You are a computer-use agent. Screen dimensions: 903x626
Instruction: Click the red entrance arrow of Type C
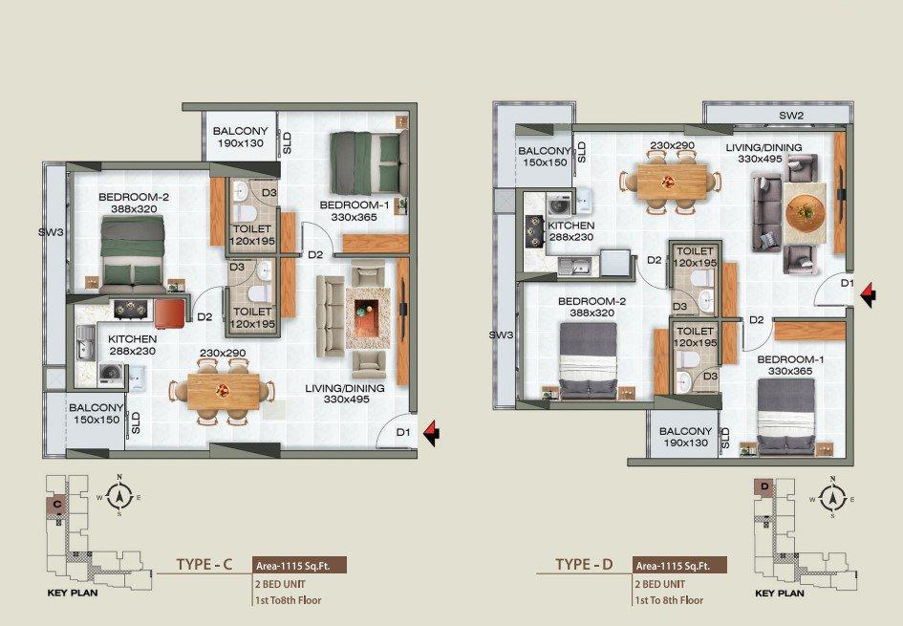430,433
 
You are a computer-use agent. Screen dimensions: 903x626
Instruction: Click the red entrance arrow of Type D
868,295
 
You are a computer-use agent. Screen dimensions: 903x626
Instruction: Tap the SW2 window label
790,116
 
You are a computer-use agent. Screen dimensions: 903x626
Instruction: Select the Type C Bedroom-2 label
134,203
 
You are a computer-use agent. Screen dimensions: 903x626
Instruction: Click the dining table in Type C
223,392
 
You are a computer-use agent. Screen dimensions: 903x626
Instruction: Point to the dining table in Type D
672,182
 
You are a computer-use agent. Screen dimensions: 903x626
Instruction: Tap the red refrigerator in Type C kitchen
170,313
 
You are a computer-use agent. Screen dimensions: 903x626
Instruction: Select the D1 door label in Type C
403,432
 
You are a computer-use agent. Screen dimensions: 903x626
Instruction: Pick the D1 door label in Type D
847,283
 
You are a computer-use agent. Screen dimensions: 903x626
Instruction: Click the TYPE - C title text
204,565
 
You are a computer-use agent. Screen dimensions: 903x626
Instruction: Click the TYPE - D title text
584,565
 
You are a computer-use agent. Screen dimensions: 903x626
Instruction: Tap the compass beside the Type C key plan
119,495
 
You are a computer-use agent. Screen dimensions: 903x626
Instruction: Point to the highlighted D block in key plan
764,486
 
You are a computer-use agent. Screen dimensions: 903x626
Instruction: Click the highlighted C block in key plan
57,505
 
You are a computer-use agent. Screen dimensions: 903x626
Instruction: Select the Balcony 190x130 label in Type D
685,437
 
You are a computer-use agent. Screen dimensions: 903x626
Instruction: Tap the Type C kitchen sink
86,342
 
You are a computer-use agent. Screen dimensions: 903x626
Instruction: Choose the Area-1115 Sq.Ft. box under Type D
679,566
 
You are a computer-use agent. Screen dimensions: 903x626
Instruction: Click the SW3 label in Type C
50,232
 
